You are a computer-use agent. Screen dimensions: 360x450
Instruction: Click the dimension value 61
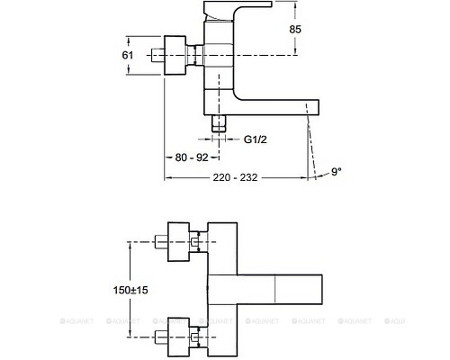pyautogui.click(x=128, y=56)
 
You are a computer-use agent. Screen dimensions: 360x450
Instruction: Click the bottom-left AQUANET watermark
pyautogui.click(x=23, y=318)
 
